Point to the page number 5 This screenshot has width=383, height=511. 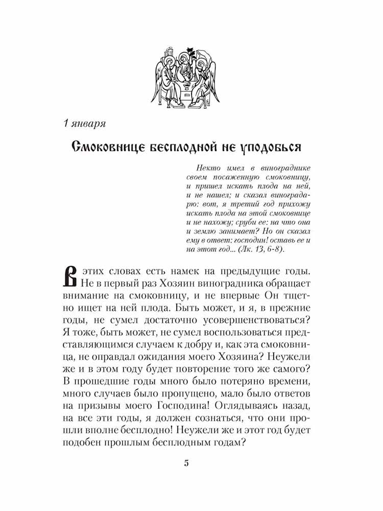click(x=186, y=463)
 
